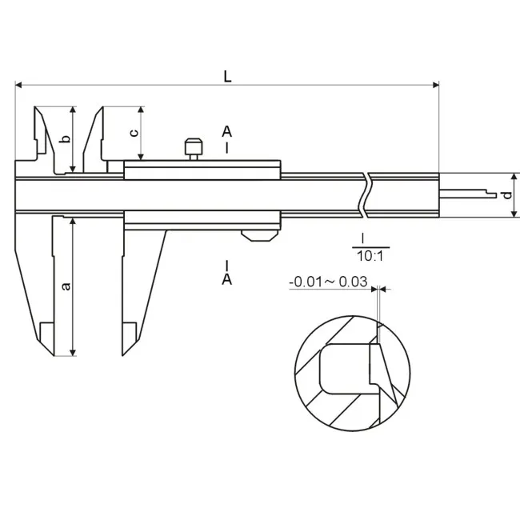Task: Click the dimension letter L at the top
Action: pos(227,77)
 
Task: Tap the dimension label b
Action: pos(66,138)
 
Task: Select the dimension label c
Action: pos(134,133)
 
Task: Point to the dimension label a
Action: pos(66,286)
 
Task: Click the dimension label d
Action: pos(507,195)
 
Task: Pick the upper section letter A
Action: pos(227,132)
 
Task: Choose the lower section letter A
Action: pos(227,279)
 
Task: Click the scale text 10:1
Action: pos(370,256)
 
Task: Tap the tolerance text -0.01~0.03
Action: pos(328,282)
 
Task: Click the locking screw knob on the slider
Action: pos(194,149)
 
